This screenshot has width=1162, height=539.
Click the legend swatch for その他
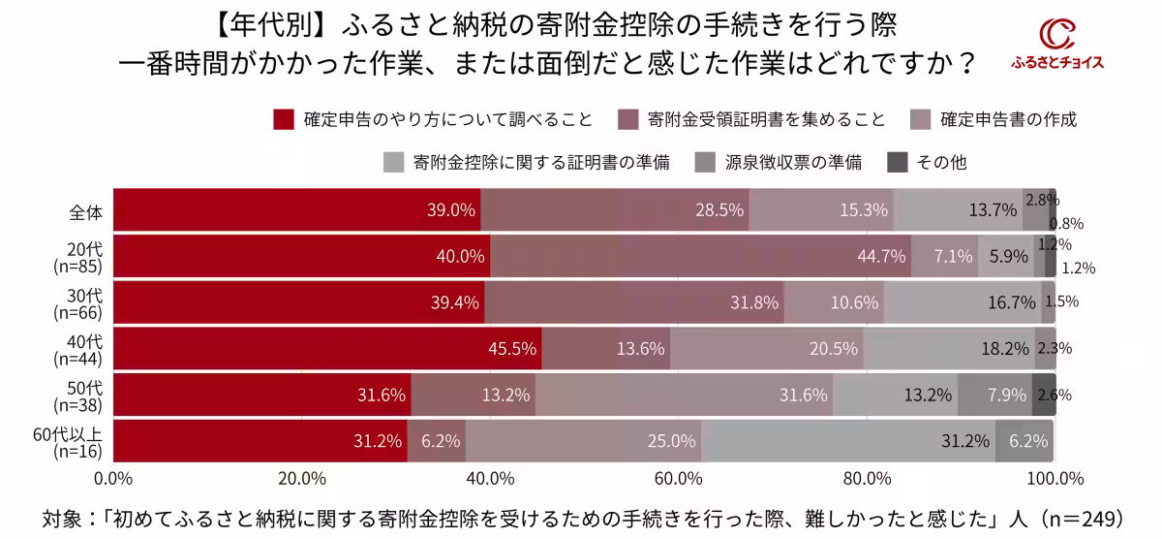coord(898,162)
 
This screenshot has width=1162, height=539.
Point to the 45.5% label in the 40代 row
coord(513,349)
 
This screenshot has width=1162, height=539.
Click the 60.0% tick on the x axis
coord(678,478)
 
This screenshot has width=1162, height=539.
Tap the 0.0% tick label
coord(113,478)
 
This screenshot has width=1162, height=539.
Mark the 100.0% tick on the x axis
coord(1055,478)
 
